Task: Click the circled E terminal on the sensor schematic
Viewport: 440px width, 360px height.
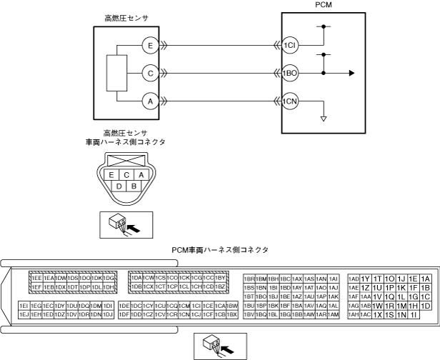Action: (x=150, y=44)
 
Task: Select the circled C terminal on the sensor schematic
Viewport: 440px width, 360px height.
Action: (x=150, y=72)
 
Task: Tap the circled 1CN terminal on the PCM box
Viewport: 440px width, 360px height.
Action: (x=289, y=101)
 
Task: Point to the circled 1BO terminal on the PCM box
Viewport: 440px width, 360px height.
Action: (x=289, y=72)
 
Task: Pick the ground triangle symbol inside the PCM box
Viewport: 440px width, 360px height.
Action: (x=324, y=117)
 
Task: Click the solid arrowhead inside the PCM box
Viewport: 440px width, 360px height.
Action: (x=351, y=72)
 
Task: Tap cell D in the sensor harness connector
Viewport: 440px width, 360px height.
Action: (x=119, y=186)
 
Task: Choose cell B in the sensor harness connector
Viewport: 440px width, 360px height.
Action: (x=133, y=186)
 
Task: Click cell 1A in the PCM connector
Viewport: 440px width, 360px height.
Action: (x=426, y=279)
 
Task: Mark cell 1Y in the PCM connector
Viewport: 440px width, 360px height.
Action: (x=365, y=279)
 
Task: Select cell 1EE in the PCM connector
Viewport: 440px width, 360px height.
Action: (x=36, y=277)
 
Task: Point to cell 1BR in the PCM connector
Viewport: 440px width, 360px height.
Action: (x=249, y=279)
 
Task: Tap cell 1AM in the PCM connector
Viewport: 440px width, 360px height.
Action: (x=333, y=314)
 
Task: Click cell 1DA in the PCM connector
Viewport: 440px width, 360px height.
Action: (x=136, y=277)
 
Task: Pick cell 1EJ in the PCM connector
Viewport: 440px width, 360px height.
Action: (x=24, y=314)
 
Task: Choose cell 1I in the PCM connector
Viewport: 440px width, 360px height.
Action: (x=414, y=314)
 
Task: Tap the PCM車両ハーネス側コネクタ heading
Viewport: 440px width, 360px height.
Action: (x=219, y=249)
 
